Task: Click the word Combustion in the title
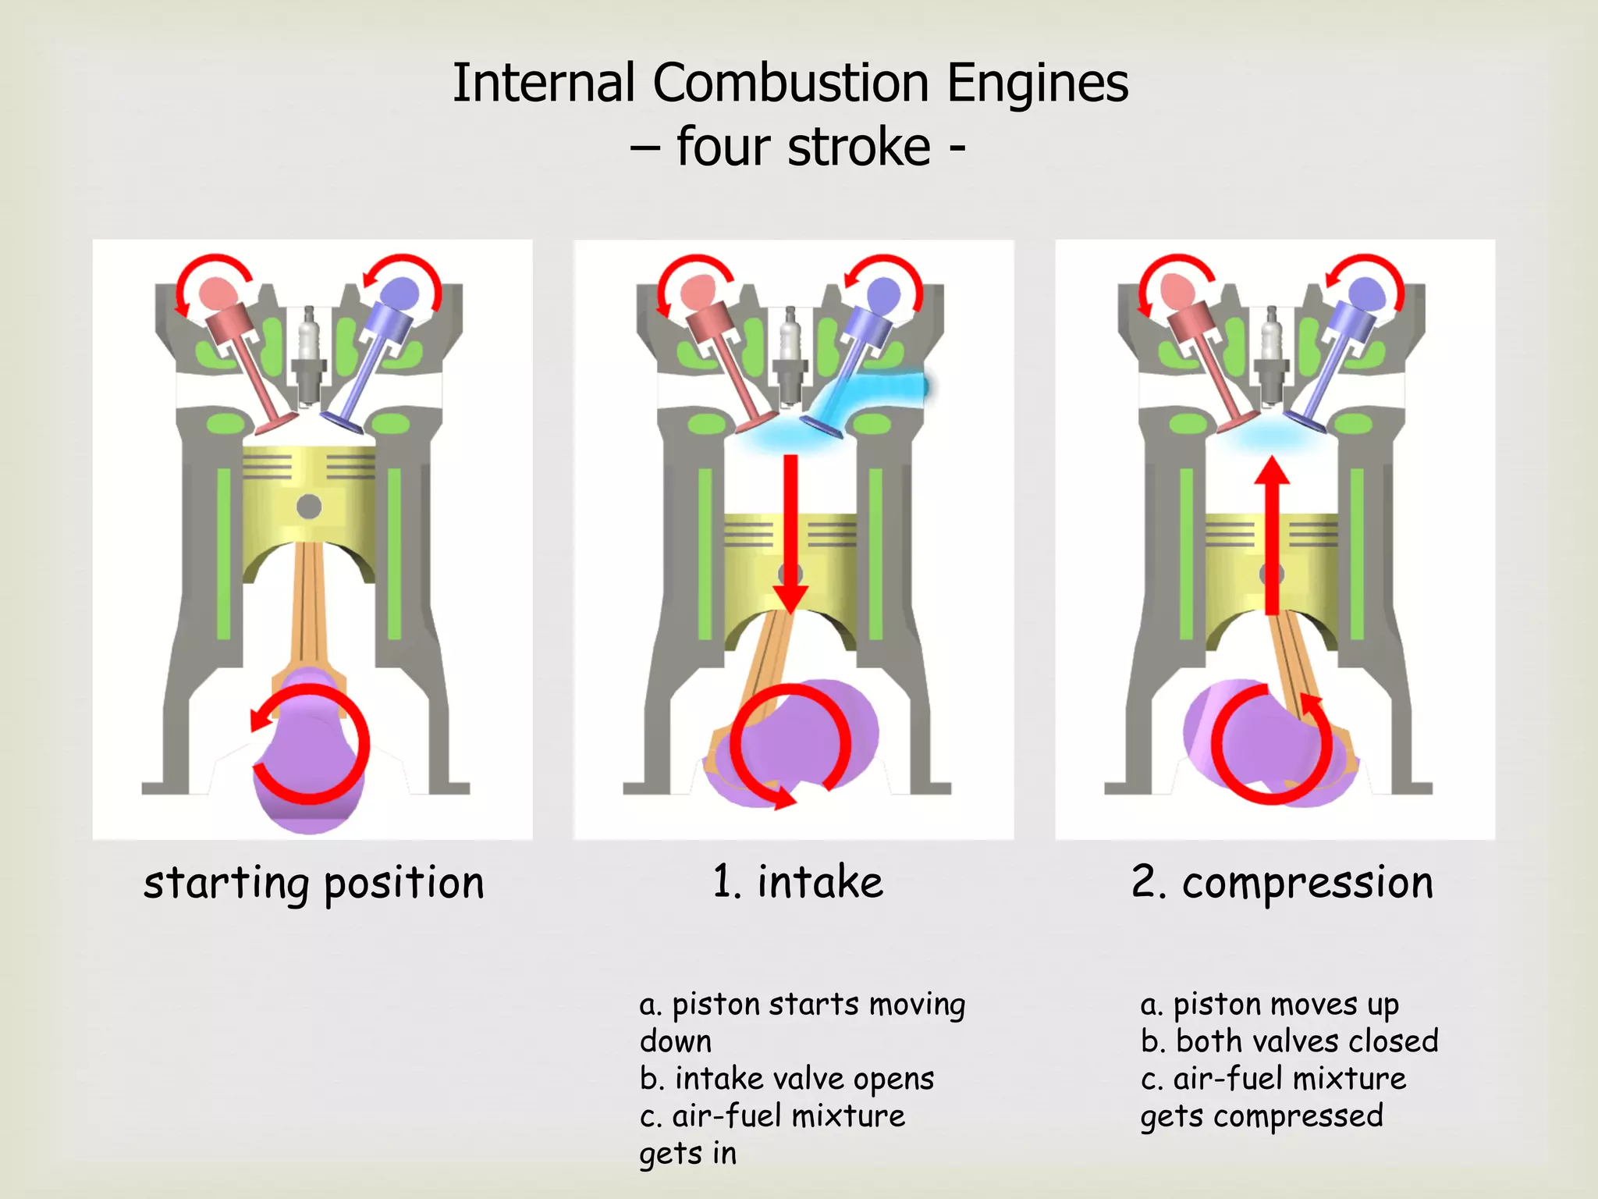(x=790, y=83)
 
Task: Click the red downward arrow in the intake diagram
(x=790, y=531)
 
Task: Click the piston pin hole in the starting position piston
(x=309, y=507)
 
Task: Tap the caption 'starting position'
(x=314, y=884)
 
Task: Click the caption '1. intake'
(x=797, y=882)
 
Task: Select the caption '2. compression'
(x=1282, y=884)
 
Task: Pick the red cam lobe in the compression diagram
(x=1177, y=294)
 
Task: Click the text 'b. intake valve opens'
(x=787, y=1080)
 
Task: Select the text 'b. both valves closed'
(x=1289, y=1042)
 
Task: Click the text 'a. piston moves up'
(x=1270, y=1005)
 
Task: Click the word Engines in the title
(x=1037, y=83)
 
